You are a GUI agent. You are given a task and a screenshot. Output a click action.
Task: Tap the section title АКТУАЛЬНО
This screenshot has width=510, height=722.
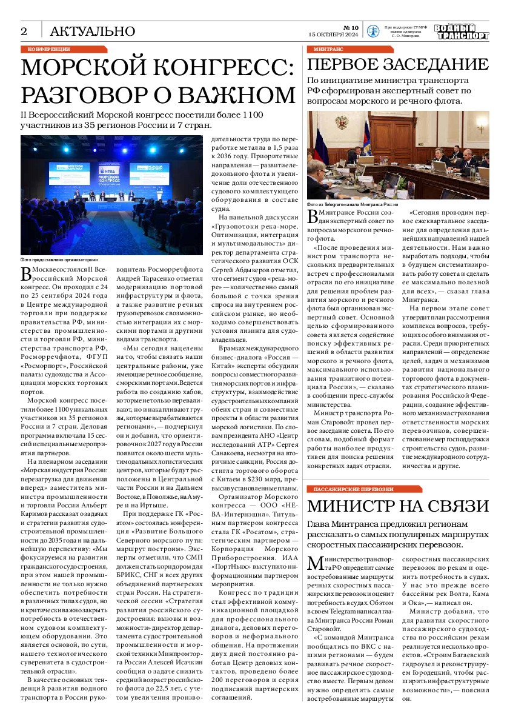[92, 31]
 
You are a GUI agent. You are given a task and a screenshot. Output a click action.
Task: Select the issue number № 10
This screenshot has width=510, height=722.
[351, 27]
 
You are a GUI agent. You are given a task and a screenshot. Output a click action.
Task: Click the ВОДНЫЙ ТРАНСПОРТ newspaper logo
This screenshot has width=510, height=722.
[462, 32]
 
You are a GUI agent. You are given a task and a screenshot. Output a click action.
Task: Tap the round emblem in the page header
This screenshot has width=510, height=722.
[374, 32]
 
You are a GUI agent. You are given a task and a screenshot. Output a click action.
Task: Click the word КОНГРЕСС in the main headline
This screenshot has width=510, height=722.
[219, 67]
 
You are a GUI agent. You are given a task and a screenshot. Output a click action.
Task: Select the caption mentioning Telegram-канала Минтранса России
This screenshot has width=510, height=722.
[353, 205]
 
